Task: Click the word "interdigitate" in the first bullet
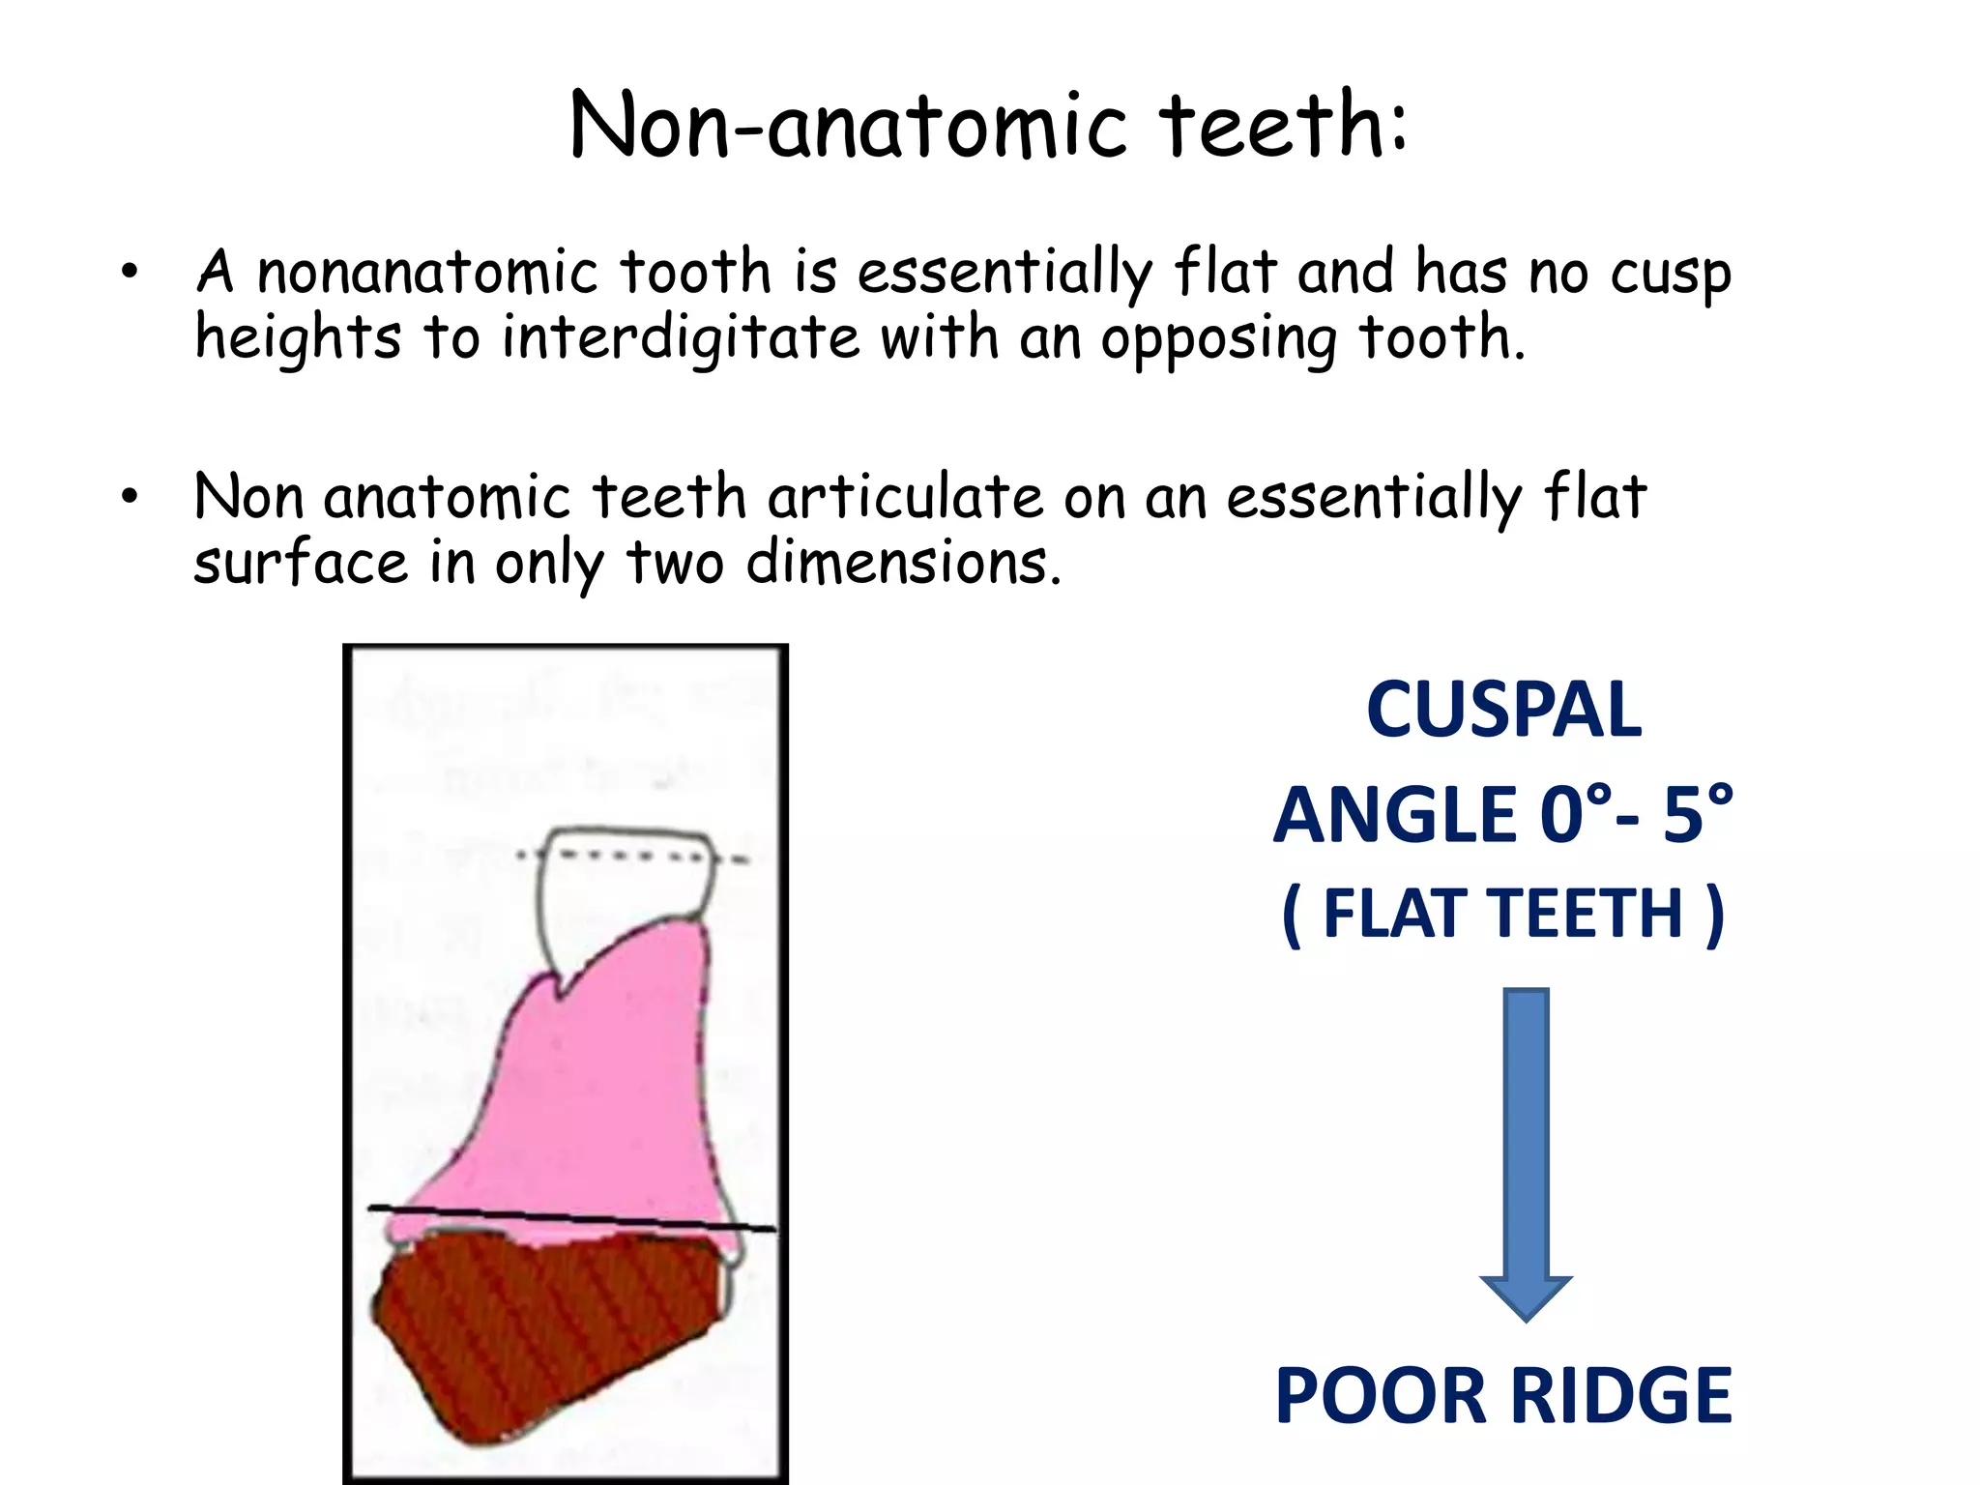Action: [681, 338]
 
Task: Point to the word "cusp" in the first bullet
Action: [1670, 275]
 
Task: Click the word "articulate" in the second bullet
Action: [905, 497]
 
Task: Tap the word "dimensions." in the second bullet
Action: [903, 563]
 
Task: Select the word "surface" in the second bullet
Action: [300, 563]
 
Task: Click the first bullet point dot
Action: [130, 272]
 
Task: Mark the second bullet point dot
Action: [130, 497]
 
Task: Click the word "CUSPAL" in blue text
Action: [1503, 711]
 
